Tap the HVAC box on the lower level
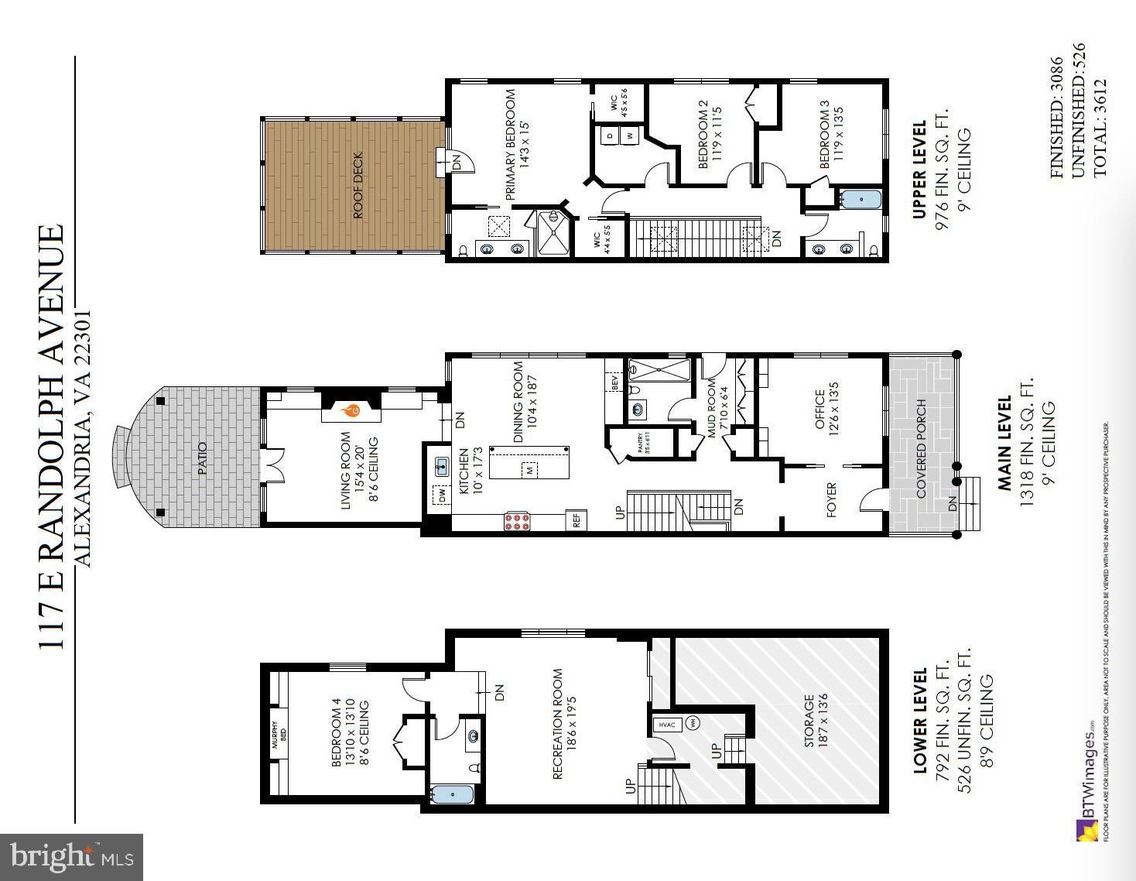666,725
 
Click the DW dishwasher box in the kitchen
441,495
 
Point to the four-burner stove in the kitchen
517,521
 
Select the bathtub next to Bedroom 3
860,200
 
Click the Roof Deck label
358,186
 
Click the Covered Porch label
921,449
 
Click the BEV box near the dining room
615,382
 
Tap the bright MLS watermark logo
72,857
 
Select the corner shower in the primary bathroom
553,233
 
